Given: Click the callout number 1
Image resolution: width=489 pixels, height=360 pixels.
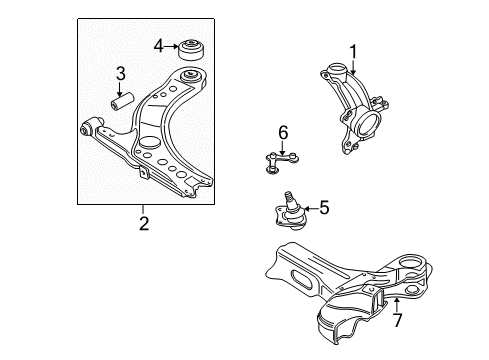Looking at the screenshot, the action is tap(353, 52).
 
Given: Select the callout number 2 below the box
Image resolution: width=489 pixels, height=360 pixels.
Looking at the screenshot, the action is tap(144, 223).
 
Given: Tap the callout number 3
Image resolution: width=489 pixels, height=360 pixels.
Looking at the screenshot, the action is tap(120, 74).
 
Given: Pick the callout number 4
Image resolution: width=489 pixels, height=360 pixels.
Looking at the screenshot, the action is tap(159, 46).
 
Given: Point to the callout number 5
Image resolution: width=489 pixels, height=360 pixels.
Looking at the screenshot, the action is tap(324, 207).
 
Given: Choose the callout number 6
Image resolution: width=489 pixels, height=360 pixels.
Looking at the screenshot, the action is tap(283, 133).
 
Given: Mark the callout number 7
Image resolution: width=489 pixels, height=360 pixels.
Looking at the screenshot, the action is tap(397, 320).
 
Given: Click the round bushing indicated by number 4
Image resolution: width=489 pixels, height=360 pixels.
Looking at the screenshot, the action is tap(191, 50).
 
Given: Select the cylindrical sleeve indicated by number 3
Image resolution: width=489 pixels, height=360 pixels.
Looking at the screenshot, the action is tap(122, 101).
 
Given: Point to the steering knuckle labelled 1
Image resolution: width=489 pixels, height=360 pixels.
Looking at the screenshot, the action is tap(354, 107).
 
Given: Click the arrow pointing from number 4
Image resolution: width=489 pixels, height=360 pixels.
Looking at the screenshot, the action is tap(171, 47).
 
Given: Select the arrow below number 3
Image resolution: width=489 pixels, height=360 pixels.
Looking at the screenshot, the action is tap(120, 89).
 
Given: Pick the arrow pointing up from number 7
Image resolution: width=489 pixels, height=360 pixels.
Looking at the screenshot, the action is tap(396, 305).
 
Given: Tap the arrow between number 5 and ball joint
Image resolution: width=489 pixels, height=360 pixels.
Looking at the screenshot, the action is tap(311, 209).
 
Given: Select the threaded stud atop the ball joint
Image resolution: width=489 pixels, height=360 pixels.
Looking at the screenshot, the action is tap(289, 198).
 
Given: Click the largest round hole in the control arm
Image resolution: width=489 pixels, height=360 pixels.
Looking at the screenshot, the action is tap(149, 143).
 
